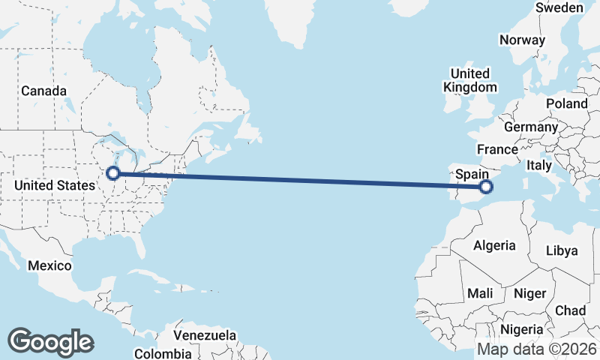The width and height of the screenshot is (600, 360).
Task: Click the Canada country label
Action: pyautogui.click(x=43, y=91)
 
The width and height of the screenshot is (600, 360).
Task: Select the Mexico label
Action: pyautogui.click(x=49, y=265)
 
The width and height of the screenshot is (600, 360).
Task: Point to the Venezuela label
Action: pyautogui.click(x=205, y=335)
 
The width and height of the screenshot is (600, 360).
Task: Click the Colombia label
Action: pyautogui.click(x=163, y=353)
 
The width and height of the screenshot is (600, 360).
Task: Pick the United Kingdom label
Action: pyautogui.click(x=469, y=80)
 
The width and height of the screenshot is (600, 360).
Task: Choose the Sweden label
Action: pyautogui.click(x=559, y=7)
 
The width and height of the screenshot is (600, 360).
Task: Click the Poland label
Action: pyautogui.click(x=567, y=103)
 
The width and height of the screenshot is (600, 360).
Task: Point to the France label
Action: pyautogui.click(x=497, y=148)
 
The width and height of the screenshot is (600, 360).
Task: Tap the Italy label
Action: pyautogui.click(x=539, y=165)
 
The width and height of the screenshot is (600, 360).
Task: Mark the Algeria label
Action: pyautogui.click(x=494, y=245)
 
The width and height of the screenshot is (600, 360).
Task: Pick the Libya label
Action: pyautogui.click(x=562, y=250)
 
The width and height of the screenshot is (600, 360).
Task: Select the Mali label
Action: pyautogui.click(x=480, y=293)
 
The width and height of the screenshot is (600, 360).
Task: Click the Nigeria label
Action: pyautogui.click(x=521, y=329)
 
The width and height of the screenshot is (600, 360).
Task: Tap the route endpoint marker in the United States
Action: pyautogui.click(x=112, y=173)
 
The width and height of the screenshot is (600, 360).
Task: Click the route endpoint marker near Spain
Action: pyautogui.click(x=485, y=187)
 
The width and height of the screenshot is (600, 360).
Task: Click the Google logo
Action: pyautogui.click(x=50, y=342)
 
